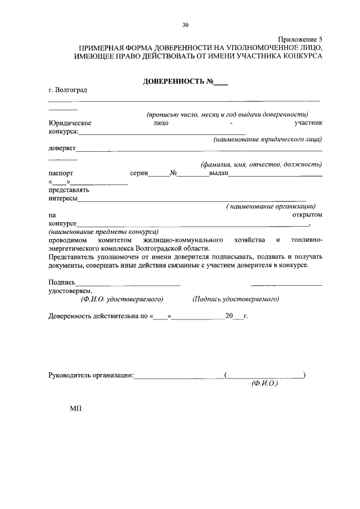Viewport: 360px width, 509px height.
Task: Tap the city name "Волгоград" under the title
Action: [71, 90]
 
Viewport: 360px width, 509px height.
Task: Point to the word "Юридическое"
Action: [70, 123]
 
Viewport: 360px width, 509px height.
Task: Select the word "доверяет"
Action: [62, 149]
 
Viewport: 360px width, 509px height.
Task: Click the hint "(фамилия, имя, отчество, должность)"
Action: [262, 165]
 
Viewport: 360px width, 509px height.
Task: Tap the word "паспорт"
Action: [61, 174]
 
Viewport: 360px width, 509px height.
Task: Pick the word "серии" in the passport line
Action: [139, 174]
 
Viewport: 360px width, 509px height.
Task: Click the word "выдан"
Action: [218, 174]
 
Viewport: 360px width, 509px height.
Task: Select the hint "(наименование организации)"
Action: [271, 206]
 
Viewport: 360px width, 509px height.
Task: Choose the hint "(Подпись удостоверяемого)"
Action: [236, 300]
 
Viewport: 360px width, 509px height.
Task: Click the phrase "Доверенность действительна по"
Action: [98, 316]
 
